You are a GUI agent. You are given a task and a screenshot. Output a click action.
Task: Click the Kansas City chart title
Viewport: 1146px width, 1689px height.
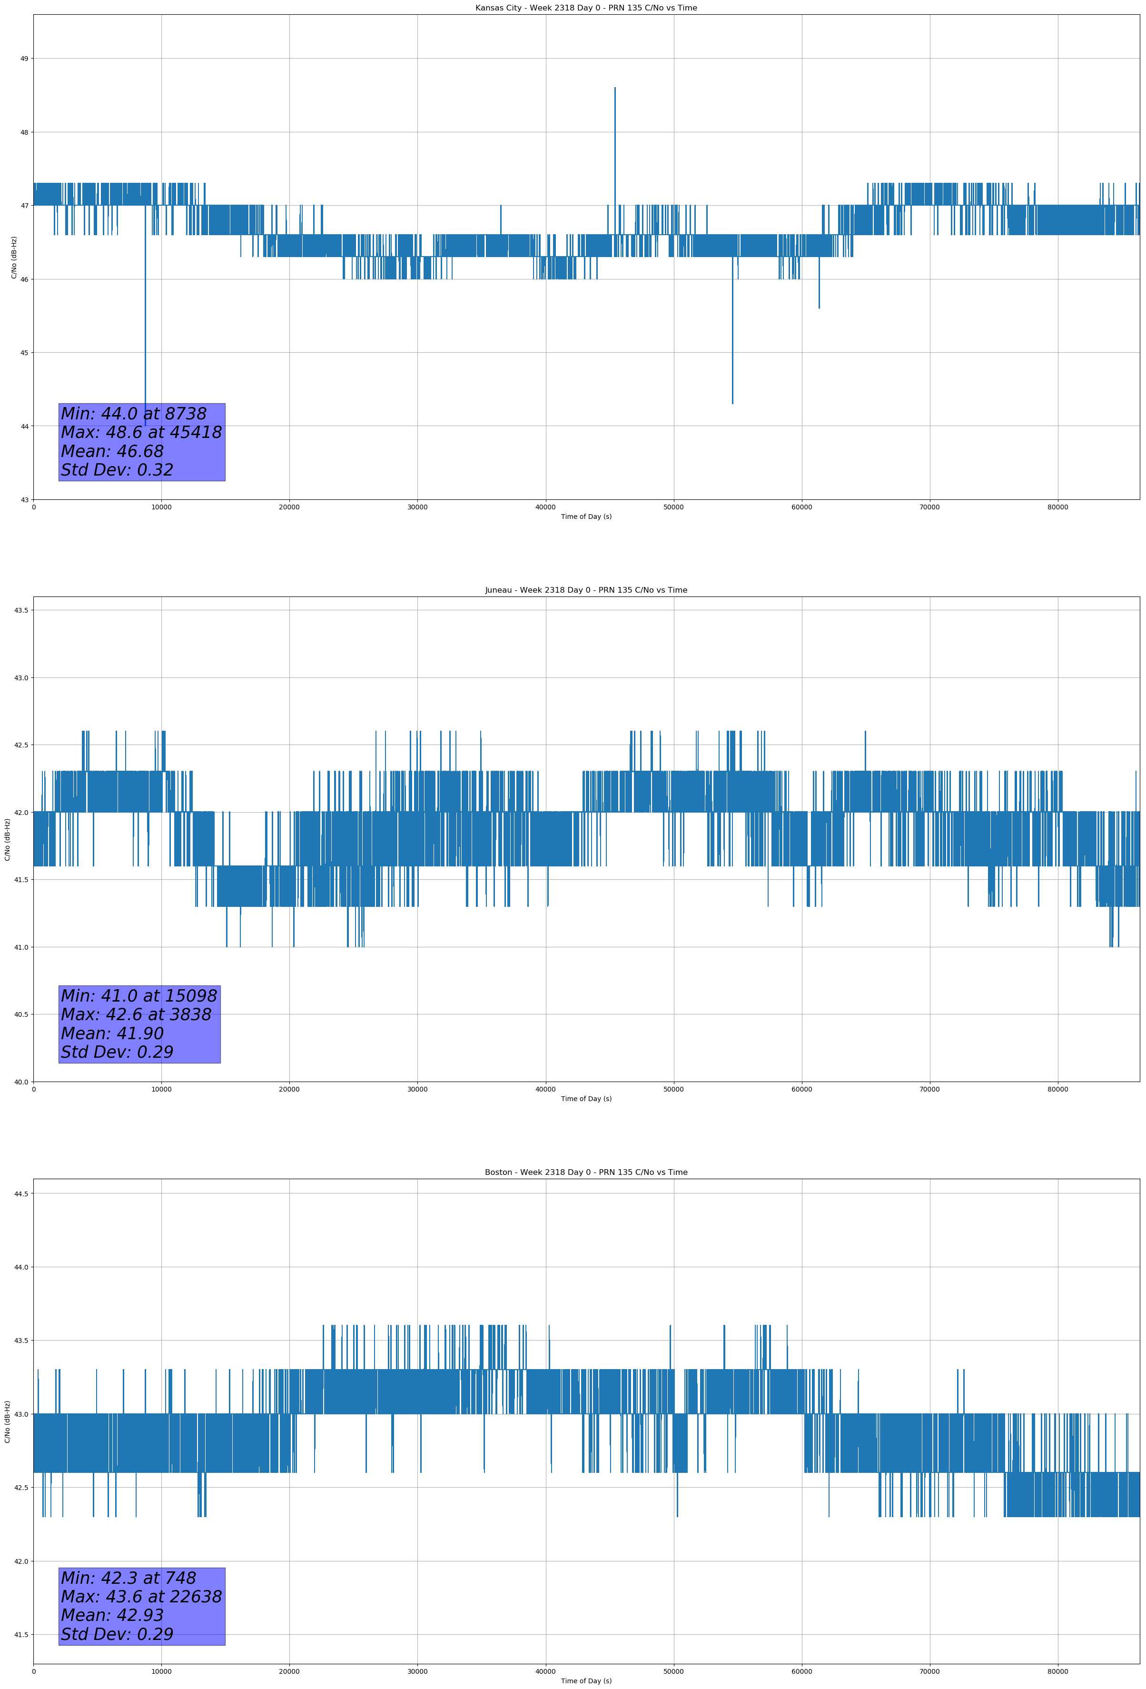[x=586, y=8]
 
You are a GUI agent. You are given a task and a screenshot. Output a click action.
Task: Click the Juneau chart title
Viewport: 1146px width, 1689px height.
[x=586, y=590]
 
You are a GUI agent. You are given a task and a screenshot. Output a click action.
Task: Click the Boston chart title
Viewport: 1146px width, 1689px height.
[x=586, y=1172]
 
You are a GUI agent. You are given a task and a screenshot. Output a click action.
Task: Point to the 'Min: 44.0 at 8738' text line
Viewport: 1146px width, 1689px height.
[x=134, y=414]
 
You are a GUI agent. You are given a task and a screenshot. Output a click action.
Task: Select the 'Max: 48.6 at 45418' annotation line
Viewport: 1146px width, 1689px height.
[x=141, y=432]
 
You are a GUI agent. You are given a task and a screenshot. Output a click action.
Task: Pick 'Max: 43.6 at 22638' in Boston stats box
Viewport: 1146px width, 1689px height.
[x=141, y=1597]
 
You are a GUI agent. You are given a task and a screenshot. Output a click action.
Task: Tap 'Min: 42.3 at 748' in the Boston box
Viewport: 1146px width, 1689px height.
[x=128, y=1578]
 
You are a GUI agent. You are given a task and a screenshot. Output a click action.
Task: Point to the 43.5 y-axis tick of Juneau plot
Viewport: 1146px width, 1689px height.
[x=21, y=610]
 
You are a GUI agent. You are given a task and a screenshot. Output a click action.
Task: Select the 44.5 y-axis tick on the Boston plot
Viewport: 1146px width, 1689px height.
[x=21, y=1193]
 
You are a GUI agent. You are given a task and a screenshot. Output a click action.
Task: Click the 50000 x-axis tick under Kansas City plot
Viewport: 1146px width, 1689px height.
[x=673, y=507]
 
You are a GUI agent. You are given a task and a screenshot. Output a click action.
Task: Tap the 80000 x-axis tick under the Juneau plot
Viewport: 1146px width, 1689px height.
[x=1057, y=1089]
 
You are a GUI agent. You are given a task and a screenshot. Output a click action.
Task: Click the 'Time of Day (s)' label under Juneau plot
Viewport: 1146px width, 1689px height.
[x=586, y=1099]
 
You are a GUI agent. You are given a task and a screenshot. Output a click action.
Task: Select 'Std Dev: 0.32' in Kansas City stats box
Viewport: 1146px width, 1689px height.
[x=117, y=470]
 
